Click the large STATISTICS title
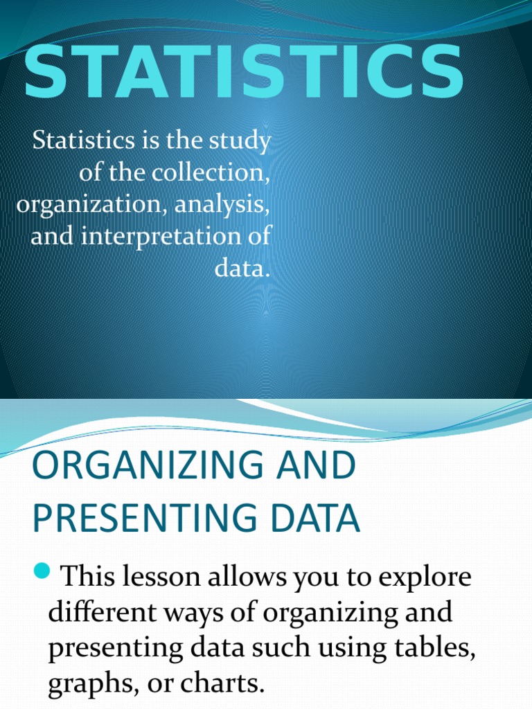point(243,73)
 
